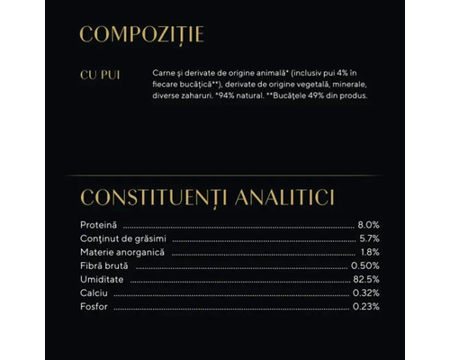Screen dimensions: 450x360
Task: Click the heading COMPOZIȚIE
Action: (142, 35)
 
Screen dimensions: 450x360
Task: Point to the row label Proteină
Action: (100, 224)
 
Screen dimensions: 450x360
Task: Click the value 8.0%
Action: (368, 224)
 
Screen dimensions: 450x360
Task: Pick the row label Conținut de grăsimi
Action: (121, 238)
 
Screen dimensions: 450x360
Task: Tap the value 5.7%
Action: (368, 238)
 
